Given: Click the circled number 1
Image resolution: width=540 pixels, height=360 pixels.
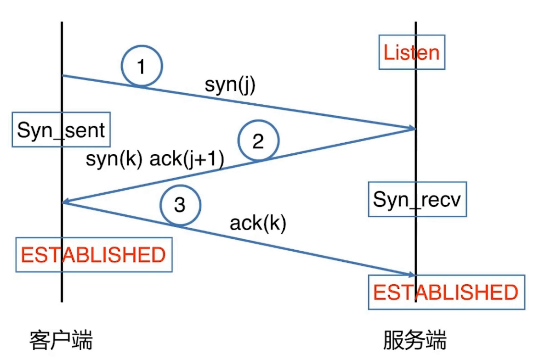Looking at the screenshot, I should tap(142, 67).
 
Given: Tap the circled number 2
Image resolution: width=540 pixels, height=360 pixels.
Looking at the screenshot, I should tap(258, 141).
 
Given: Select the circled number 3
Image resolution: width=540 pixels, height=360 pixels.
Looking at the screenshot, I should tap(180, 205).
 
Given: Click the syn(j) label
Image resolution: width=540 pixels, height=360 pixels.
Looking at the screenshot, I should tap(230, 85).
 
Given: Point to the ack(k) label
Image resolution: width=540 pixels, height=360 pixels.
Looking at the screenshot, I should tap(258, 223).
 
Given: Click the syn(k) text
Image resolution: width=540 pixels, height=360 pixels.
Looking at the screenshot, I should tap(114, 159).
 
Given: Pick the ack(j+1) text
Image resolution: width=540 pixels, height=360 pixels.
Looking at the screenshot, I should tap(187, 159).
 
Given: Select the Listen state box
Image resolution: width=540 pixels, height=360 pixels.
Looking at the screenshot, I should tap(412, 52).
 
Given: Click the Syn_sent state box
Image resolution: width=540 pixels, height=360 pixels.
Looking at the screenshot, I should tap(61, 130).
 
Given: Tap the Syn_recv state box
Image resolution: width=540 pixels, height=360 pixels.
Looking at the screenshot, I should tap(417, 199).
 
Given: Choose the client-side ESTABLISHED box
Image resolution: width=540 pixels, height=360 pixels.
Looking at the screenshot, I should tap(94, 254).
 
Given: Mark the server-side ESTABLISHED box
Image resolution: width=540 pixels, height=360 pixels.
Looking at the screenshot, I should tap(446, 292).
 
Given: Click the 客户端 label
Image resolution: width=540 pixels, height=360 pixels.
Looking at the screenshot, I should tap(61, 340).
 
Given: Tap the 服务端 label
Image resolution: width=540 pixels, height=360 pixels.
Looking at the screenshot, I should tap(415, 340).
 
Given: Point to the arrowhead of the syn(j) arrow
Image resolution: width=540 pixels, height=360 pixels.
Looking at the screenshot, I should tap(412, 128).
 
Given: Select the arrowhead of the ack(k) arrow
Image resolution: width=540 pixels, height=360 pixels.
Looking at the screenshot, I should tap(412, 275).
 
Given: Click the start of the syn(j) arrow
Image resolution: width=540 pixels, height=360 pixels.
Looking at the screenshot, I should tap(63, 76).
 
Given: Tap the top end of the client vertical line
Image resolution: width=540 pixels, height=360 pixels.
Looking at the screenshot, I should tap(61, 22).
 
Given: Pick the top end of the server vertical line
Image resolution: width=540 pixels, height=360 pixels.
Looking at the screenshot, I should tap(416, 22).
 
